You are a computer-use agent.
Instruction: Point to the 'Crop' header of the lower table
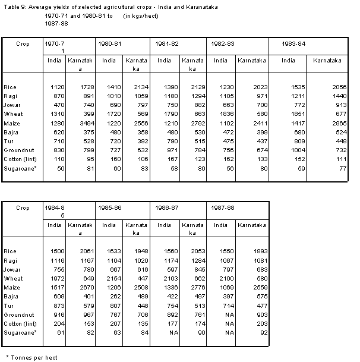coord(23,209)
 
